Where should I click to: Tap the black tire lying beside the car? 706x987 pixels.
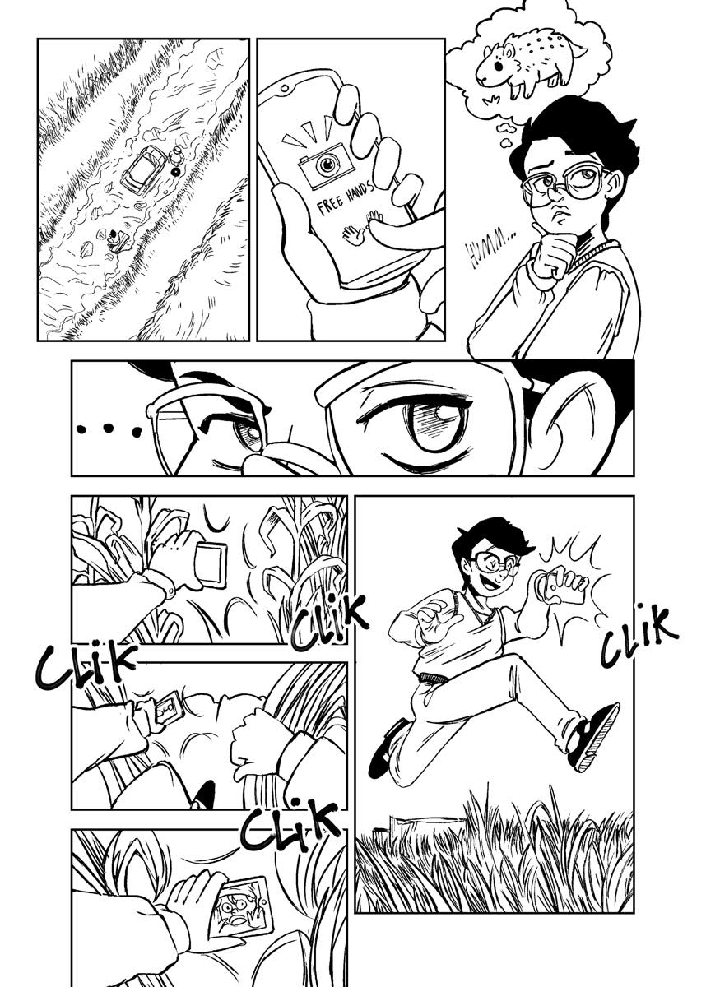pyautogui.click(x=176, y=172)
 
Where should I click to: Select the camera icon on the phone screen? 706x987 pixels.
pyautogui.click(x=326, y=164)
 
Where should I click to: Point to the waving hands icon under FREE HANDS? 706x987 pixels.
pyautogui.click(x=361, y=227)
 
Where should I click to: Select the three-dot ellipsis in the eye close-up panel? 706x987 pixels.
pyautogui.click(x=109, y=429)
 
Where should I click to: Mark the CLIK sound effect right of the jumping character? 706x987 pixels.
pyautogui.click(x=639, y=634)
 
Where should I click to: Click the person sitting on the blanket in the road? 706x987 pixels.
pyautogui.click(x=115, y=240)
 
